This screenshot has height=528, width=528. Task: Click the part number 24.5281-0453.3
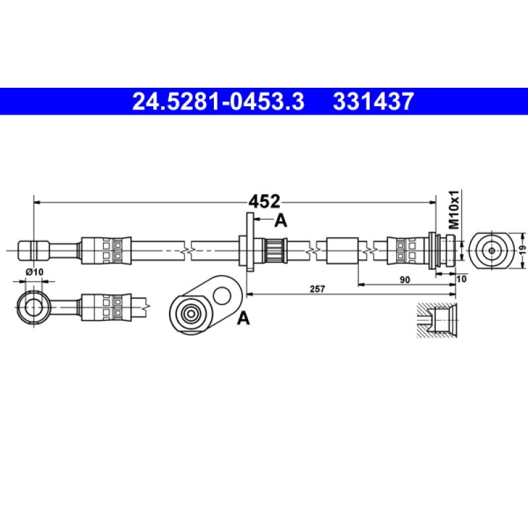[218, 102]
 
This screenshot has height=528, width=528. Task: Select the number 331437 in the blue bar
[373, 102]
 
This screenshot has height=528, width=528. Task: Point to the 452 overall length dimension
[265, 202]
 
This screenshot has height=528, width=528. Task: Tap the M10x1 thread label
[454, 209]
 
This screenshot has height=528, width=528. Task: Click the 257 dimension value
[317, 289]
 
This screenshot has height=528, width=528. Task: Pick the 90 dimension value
[405, 280]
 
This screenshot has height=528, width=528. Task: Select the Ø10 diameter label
[35, 271]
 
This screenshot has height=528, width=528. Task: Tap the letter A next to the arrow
[281, 221]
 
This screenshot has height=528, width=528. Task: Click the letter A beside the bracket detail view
[243, 318]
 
